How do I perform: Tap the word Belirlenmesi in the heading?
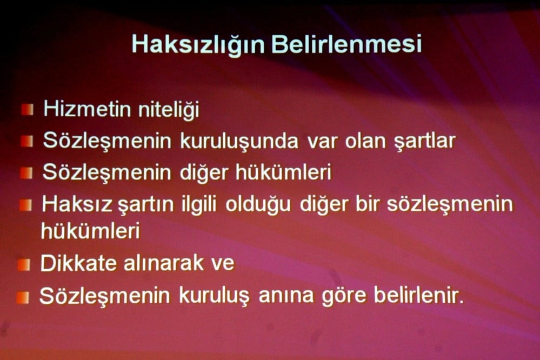pyautogui.click(x=346, y=43)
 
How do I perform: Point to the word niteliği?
pyautogui.click(x=168, y=110)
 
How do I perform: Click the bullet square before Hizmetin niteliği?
pyautogui.click(x=27, y=110)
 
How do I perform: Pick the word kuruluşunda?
pyautogui.click(x=239, y=141)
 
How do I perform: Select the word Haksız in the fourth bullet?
pyautogui.click(x=77, y=204)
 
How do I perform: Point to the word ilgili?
pyautogui.click(x=196, y=205)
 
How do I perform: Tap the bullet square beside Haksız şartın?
pyautogui.click(x=25, y=205)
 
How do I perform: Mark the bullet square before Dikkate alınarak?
pyautogui.click(x=24, y=264)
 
